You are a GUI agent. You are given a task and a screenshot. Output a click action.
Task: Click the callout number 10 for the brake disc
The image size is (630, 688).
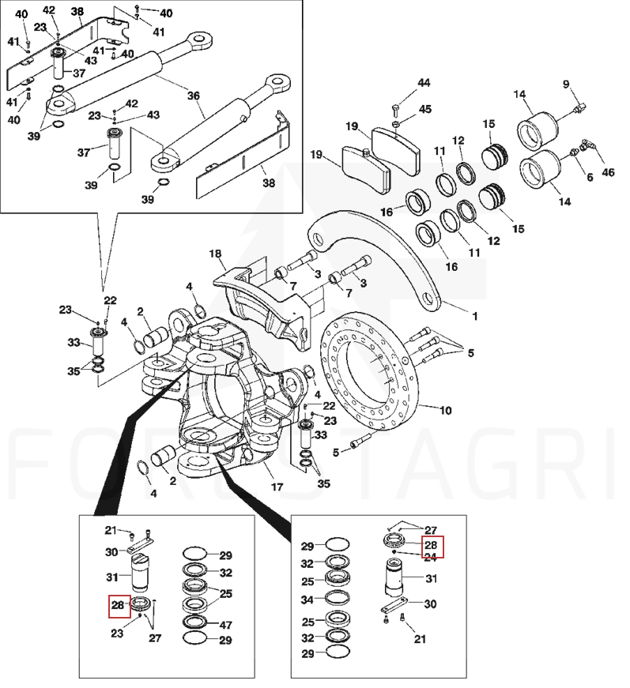point(445,411)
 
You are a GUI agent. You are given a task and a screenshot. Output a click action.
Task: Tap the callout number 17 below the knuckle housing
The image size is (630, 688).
point(277,487)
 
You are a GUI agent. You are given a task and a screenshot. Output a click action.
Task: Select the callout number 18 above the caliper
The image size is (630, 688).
point(215,254)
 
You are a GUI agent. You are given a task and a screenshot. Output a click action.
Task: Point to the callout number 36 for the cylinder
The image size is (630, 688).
point(193,95)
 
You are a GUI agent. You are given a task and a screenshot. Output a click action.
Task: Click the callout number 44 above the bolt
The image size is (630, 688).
point(424,83)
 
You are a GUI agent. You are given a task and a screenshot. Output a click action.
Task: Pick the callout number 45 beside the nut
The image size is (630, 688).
point(424,109)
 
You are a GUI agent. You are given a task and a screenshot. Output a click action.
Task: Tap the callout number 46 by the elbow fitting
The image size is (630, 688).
point(608,172)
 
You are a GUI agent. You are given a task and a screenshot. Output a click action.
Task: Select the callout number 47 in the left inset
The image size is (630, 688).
point(225,624)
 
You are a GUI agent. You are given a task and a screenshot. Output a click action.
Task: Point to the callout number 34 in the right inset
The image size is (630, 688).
point(308,600)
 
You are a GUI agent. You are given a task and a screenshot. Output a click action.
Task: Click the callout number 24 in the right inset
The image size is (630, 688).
point(431,557)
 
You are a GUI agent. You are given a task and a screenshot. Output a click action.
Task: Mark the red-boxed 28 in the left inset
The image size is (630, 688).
point(119,607)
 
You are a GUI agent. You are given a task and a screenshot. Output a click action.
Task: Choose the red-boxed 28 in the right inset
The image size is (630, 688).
point(431,545)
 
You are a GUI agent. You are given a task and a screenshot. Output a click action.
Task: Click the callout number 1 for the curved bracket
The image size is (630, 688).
point(475,316)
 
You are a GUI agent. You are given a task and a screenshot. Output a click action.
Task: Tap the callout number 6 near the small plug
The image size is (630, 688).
point(589,177)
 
